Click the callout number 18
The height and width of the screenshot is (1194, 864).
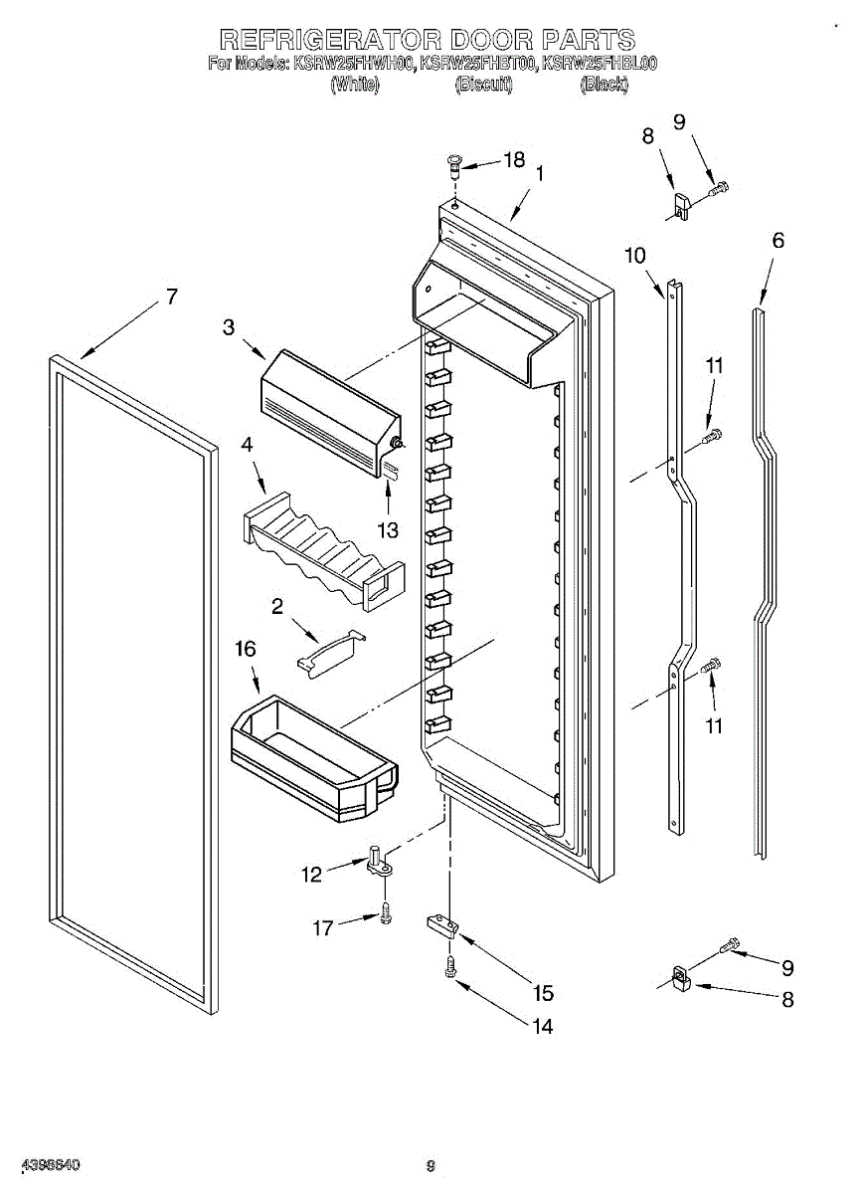[x=513, y=159]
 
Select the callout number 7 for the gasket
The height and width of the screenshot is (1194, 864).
[x=171, y=296]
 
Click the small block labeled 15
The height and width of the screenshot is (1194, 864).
[x=442, y=926]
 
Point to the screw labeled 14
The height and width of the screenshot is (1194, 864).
[x=450, y=964]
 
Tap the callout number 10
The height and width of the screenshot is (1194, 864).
[x=634, y=256]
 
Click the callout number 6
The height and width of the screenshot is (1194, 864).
[x=778, y=240]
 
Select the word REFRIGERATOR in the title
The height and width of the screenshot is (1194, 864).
[x=328, y=40]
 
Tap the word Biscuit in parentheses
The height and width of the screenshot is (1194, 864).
[x=483, y=85]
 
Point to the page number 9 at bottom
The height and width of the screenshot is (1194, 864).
[x=431, y=1166]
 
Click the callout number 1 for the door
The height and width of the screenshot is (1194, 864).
[x=539, y=173]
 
